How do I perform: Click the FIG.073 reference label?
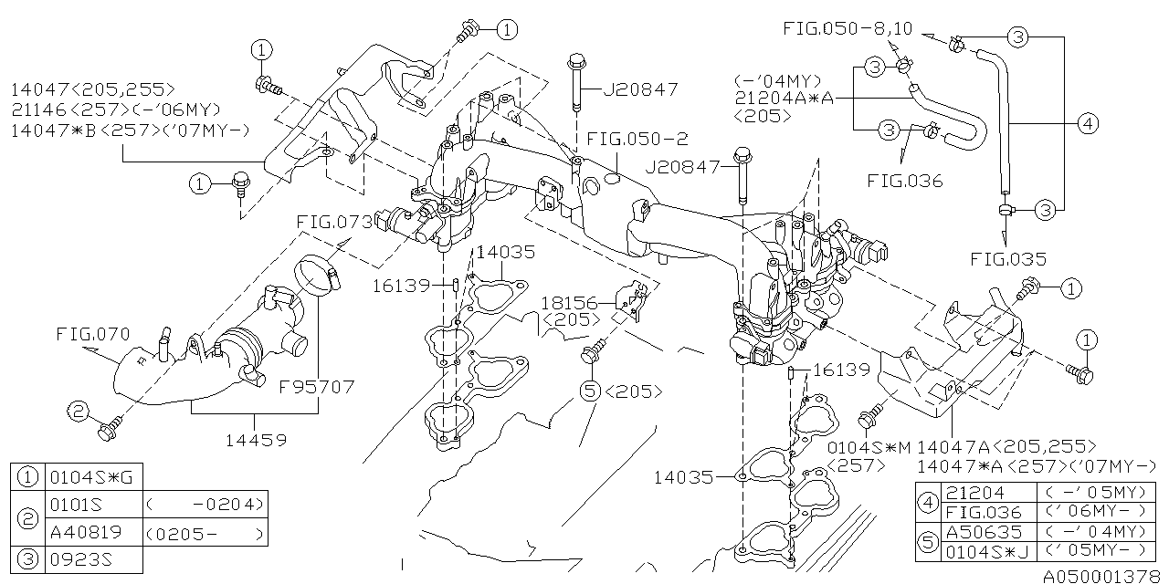333,223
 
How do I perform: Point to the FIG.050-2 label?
637,139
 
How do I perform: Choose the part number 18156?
568,303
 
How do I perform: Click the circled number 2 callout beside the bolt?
79,412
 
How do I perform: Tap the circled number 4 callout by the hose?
1086,124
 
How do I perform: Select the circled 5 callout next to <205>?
589,391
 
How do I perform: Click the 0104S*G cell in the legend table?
77,476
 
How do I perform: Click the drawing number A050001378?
1104,576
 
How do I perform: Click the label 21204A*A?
784,98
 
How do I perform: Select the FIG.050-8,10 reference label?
847,29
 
